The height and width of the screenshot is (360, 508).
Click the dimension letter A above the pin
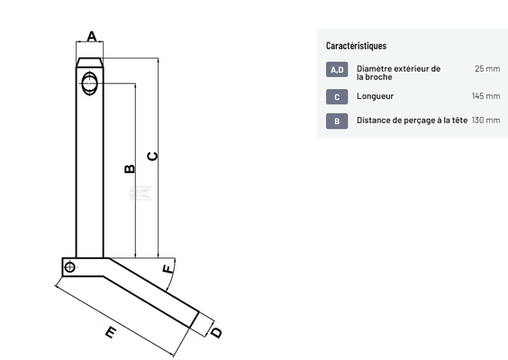92,36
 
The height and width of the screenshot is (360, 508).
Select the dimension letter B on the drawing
130,168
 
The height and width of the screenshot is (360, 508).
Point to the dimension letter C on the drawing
152,157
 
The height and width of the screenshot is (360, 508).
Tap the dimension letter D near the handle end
217,333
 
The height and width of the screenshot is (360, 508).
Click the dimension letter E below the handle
111,332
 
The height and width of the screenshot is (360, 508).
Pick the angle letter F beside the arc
168,269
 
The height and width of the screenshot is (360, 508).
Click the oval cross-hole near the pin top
89,84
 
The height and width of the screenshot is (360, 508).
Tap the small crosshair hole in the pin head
69,267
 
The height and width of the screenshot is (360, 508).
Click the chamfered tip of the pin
90,62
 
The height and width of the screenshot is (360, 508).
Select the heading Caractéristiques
356,46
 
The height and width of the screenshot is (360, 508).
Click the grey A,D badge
337,69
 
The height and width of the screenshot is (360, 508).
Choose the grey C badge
337,97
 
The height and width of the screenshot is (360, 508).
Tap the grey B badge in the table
337,121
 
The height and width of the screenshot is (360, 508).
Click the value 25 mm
487,68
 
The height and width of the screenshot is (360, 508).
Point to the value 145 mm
486,95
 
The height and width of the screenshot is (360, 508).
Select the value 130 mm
486,120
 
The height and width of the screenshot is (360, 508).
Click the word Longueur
376,96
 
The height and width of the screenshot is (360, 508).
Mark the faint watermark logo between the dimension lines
141,193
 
